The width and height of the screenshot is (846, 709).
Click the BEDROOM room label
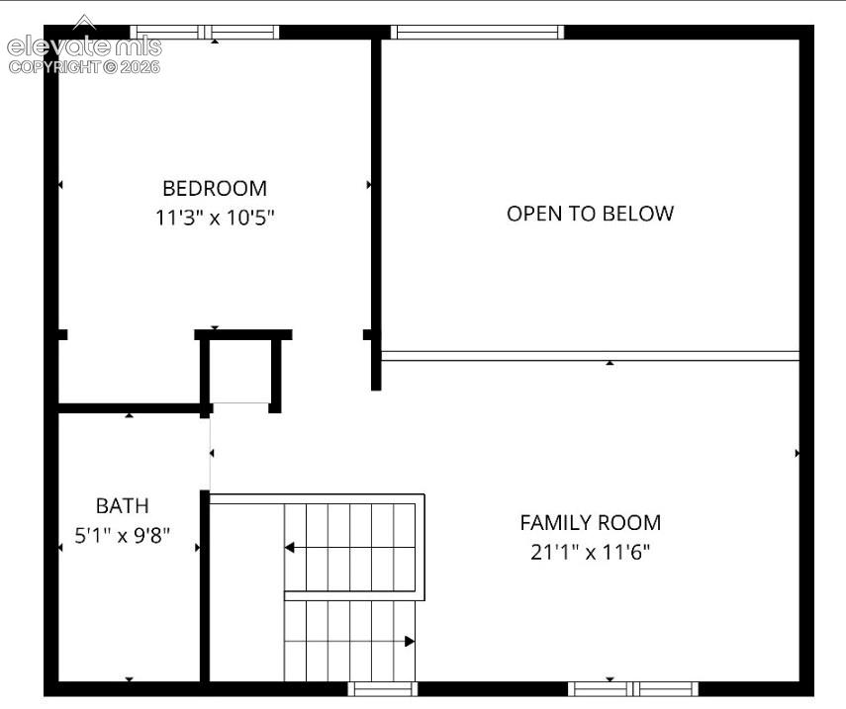point(215,189)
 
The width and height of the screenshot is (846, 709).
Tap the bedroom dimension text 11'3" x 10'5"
point(215,218)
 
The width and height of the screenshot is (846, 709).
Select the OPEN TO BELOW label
point(591,214)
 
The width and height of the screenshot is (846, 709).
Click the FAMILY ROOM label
point(591,522)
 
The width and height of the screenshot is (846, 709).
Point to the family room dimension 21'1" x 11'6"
point(591,552)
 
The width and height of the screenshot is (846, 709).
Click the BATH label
point(123,505)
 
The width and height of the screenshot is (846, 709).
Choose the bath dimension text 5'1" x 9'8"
point(123,535)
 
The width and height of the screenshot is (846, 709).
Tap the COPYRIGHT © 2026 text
point(84,67)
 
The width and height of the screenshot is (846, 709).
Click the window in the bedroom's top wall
point(205,32)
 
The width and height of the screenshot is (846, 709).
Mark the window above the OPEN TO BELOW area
point(477,32)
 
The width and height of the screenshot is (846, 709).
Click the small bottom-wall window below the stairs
point(383,688)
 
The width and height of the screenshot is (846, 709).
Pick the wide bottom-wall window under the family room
point(633,688)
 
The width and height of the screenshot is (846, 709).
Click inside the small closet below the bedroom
point(240,371)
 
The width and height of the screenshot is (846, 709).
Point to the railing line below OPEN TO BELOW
point(591,356)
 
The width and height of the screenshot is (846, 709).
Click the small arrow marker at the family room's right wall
point(797,454)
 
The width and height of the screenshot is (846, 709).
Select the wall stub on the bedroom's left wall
point(62,335)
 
